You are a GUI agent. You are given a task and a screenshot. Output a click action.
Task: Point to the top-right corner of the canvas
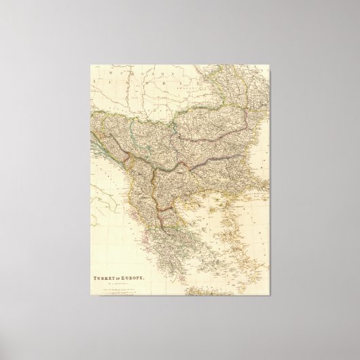273,63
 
